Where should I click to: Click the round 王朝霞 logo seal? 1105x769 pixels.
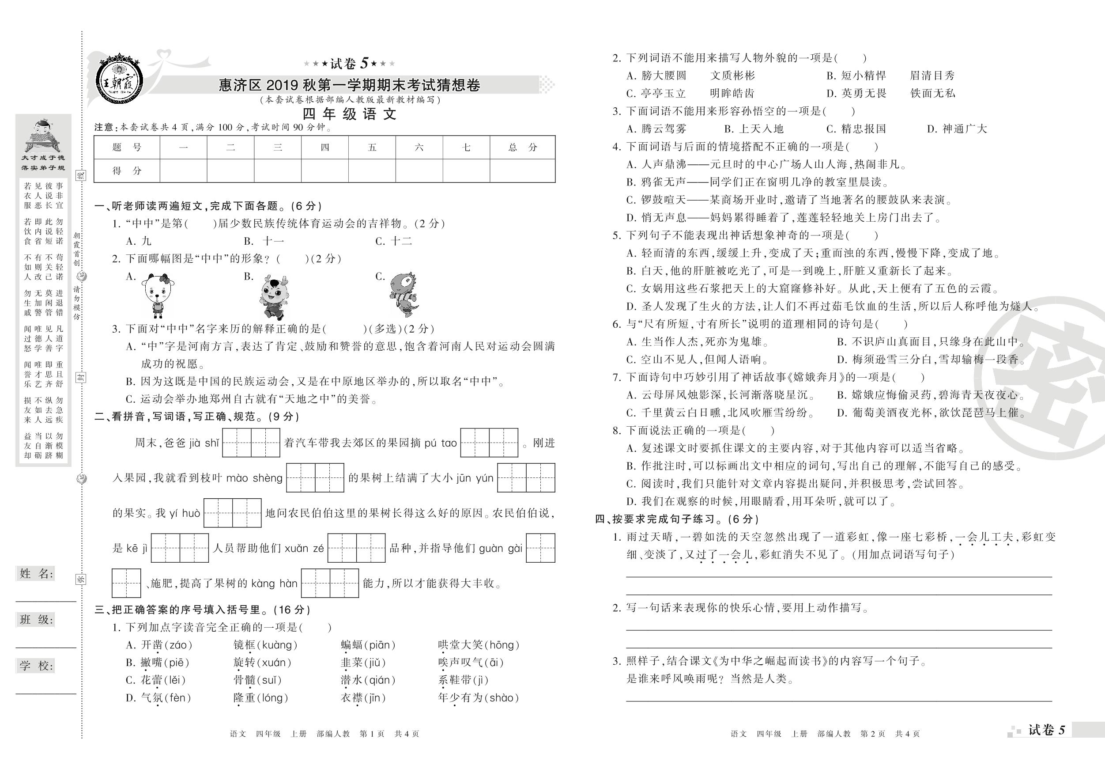tap(120, 80)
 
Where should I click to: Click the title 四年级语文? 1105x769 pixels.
tap(349, 114)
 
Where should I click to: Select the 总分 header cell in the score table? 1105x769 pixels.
tap(522, 148)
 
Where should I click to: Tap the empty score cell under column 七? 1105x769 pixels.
tap(466, 170)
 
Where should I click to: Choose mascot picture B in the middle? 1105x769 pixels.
tap(273, 298)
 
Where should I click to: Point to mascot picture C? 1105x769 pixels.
tap(404, 294)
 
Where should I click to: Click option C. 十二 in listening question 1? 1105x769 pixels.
tap(394, 241)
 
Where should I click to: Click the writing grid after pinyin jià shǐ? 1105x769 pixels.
tap(251, 443)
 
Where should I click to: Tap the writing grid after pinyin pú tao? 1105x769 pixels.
tap(489, 443)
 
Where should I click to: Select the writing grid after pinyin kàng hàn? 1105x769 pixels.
tap(330, 583)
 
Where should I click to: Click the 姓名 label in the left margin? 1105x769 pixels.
tap(36, 573)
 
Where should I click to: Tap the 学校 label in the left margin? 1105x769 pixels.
tap(36, 666)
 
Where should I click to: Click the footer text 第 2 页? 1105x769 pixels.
tap(872, 734)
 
